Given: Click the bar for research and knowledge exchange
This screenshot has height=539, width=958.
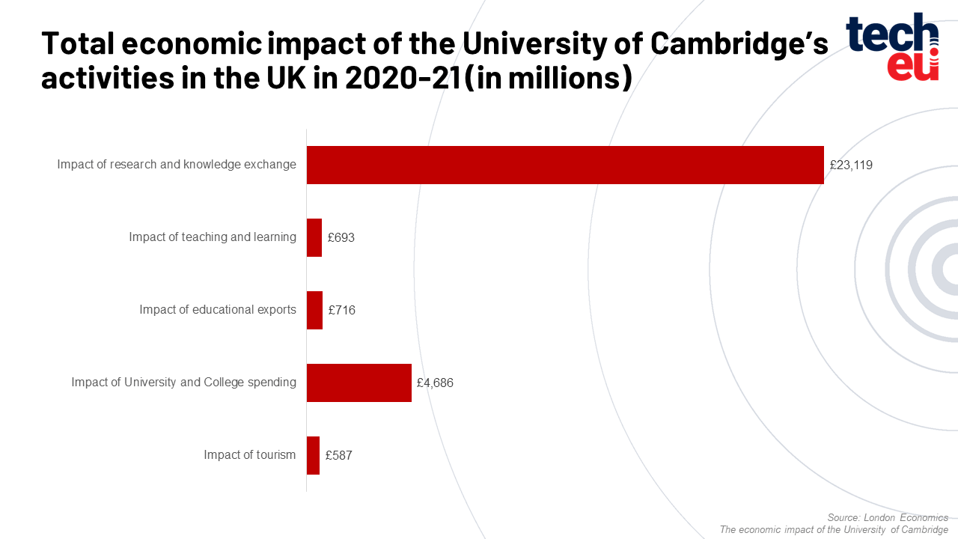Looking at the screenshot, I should pos(565,165).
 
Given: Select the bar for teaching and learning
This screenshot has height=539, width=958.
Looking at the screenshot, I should pos(314,237).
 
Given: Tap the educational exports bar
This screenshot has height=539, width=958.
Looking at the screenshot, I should pos(314,310).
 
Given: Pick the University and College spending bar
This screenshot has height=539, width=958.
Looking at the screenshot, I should pos(359,383).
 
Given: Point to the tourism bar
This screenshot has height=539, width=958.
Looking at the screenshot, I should pos(313,455).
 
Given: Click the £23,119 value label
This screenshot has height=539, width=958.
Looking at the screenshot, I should pos(851,165).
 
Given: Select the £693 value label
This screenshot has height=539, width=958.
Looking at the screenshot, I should pos(341,238).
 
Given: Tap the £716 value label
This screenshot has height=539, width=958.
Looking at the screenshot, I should pos(342,311).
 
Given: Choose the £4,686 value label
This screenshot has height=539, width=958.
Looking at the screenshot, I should pos(435,383).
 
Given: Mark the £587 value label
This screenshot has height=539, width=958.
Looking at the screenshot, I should pos(338,456).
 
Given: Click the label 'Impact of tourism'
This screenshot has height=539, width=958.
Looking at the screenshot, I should pos(250,455).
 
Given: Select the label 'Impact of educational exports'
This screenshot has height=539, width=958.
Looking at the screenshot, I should pos(218,310).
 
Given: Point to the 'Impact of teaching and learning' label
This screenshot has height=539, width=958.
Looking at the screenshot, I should pos(213,237).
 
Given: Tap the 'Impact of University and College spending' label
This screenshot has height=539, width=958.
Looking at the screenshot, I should pos(184,383).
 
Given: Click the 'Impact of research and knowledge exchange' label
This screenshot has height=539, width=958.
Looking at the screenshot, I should pos(177,165).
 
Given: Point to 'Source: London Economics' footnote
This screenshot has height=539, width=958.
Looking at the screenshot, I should pos(888,518).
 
